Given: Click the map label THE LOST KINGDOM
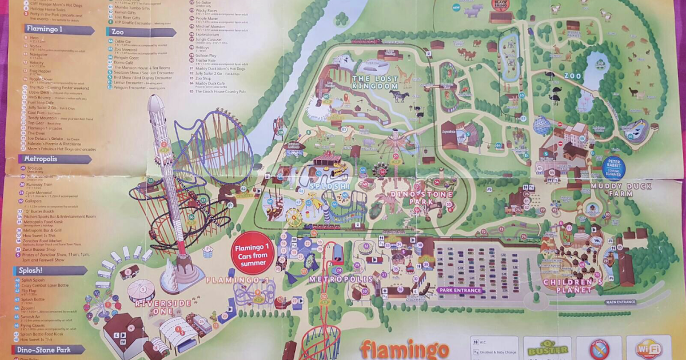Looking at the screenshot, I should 375,82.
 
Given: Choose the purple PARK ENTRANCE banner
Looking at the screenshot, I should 460,290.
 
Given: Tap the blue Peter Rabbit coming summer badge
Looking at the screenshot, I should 613,167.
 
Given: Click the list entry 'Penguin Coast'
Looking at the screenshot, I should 126,58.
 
